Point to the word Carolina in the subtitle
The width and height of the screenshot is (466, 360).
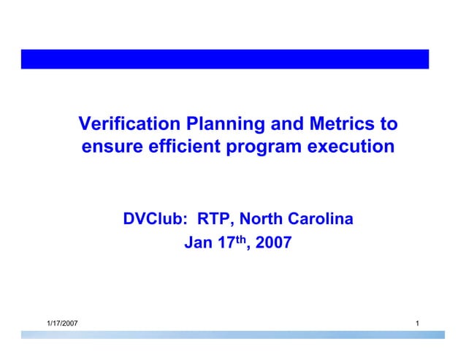(321, 218)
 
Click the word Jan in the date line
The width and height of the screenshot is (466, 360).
(197, 242)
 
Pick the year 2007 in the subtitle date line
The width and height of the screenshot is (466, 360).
(274, 242)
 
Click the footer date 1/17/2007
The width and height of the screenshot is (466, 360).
(63, 323)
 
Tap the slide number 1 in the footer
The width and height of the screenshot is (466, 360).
(416, 323)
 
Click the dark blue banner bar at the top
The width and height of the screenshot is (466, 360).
(225, 59)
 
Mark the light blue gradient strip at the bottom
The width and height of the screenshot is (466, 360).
(232, 334)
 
